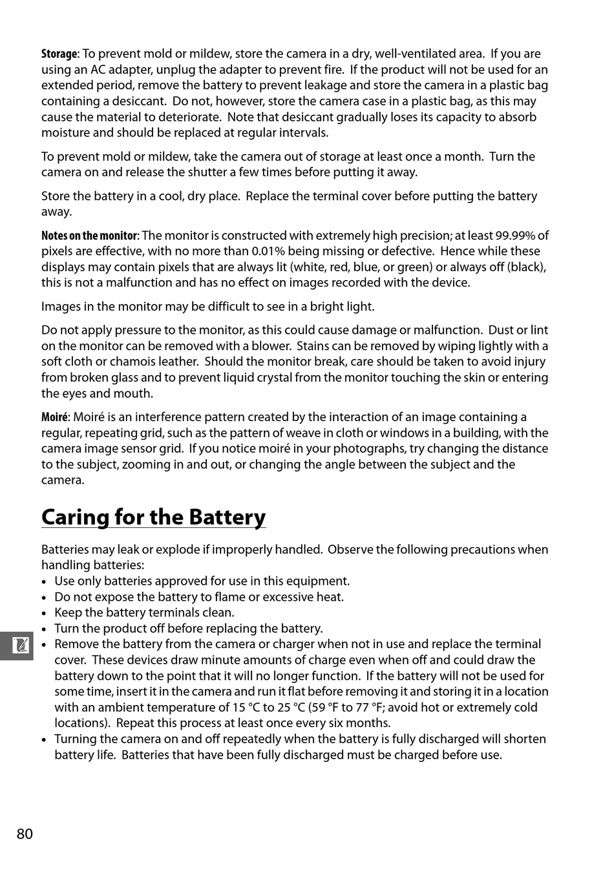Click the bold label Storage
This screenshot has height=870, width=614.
(59, 54)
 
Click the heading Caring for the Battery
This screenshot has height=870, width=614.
(154, 517)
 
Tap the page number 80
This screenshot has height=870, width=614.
(25, 834)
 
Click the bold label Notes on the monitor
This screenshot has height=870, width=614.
(89, 235)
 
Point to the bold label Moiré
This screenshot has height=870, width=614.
(54, 417)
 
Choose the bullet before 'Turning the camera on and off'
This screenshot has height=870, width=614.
(44, 740)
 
